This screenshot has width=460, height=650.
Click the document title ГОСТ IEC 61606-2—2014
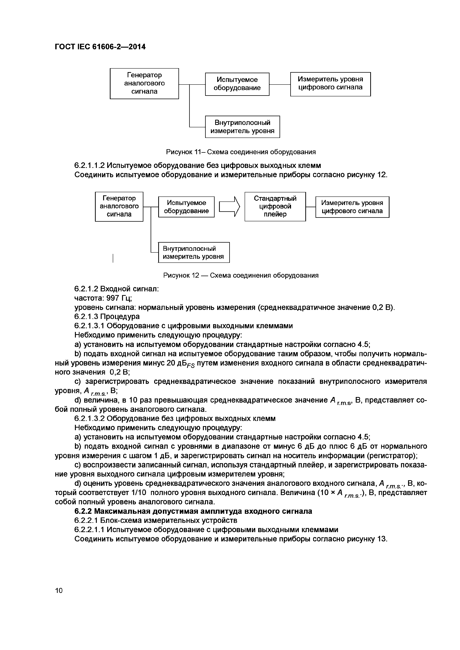click(100, 47)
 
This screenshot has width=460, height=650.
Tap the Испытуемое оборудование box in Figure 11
click(237, 84)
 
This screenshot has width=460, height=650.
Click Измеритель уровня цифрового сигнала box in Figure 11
click(330, 84)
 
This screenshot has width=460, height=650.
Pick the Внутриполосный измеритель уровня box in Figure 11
click(242, 127)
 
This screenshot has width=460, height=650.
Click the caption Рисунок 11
click(241, 152)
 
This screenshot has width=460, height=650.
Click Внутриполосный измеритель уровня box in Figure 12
click(193, 252)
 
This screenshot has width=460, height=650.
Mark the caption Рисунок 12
click(241, 275)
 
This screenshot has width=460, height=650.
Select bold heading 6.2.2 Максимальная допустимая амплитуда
click(193, 511)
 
